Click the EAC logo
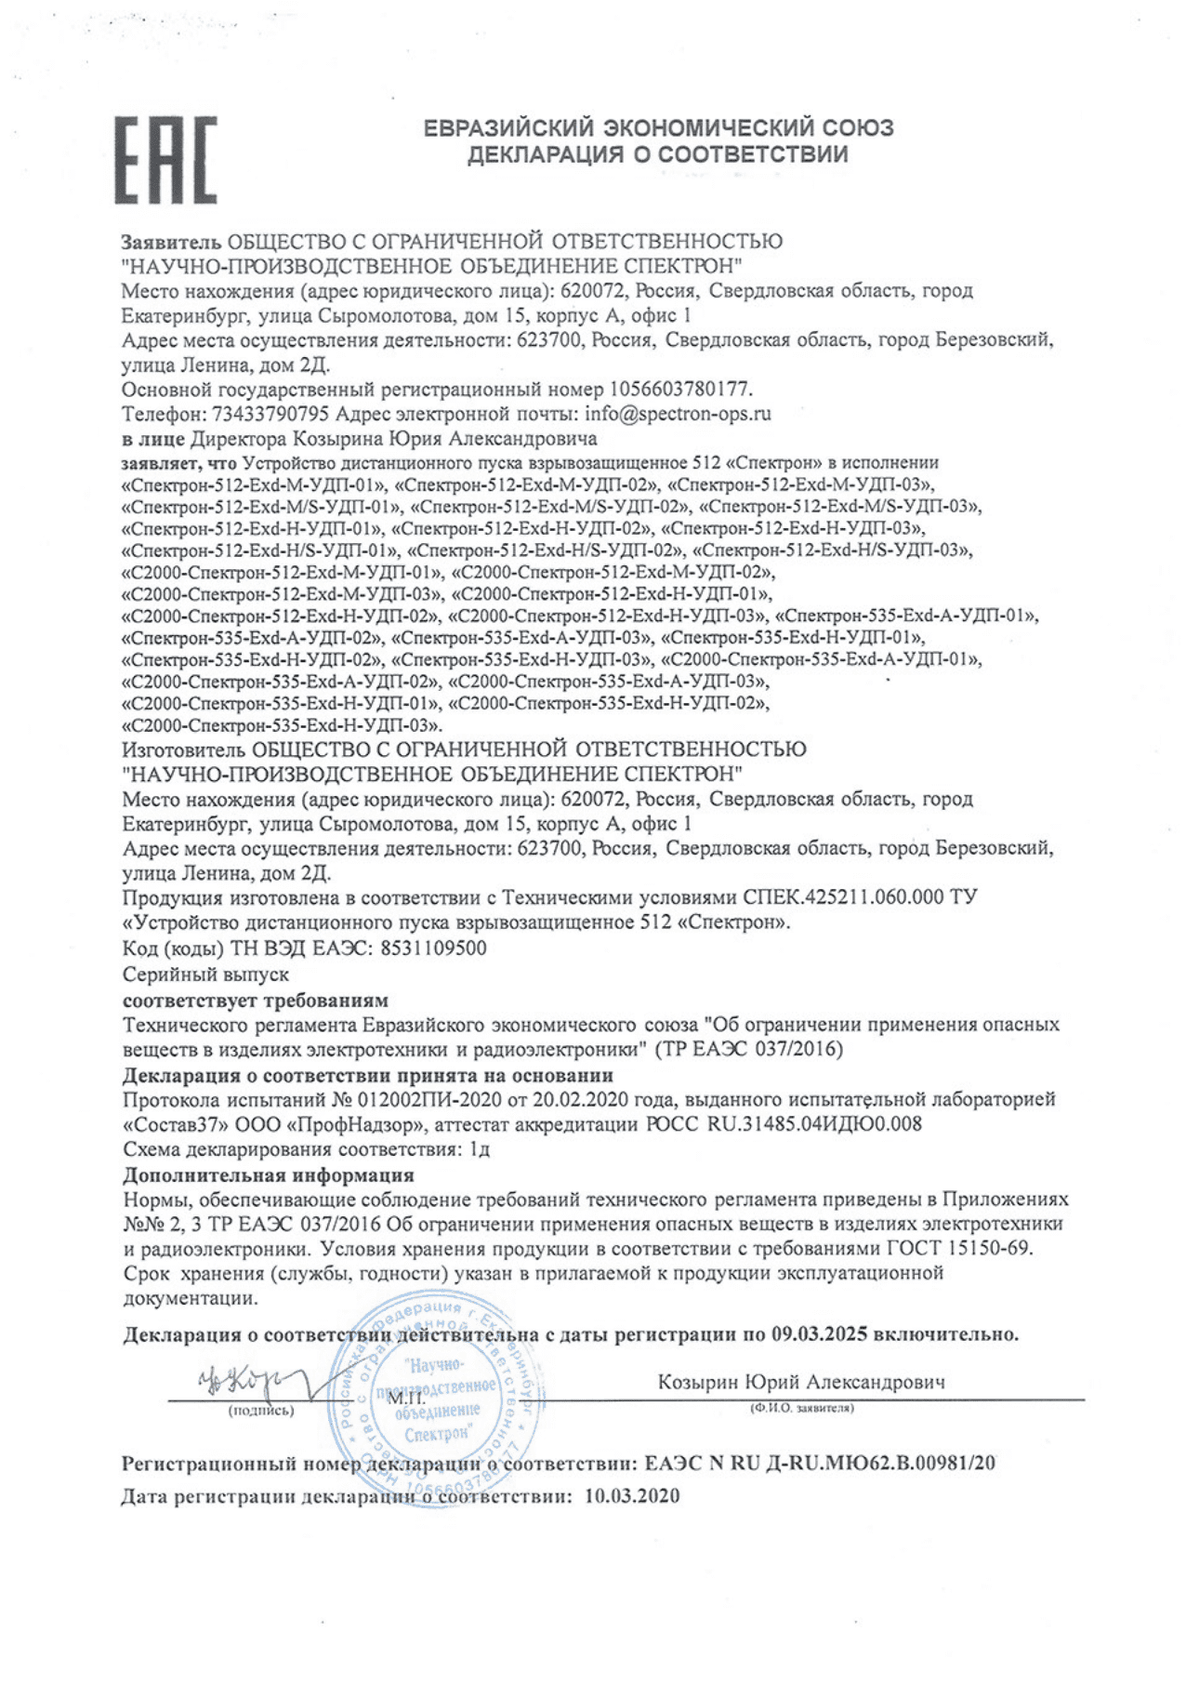coord(165,160)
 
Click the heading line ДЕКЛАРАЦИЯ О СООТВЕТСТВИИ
coord(657,154)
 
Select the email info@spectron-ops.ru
coord(679,414)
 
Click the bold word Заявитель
coord(171,242)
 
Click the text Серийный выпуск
coord(205,975)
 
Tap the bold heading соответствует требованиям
coord(256,1001)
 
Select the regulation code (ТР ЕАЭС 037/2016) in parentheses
coord(749,1049)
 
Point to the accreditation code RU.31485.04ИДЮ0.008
coord(814,1123)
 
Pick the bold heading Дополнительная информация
coord(269,1174)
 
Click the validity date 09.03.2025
coord(819,1334)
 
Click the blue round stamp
coord(437,1399)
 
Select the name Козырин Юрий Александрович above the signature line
coord(801,1382)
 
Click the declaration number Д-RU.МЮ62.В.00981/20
coord(879,1463)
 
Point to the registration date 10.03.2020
coord(632,1496)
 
